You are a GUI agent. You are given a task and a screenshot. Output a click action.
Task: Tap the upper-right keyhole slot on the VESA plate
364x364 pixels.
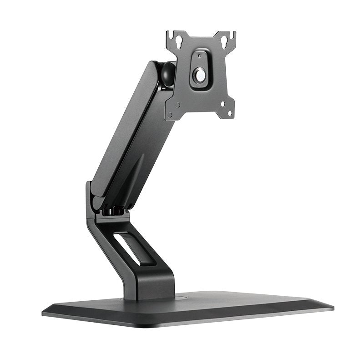click(224, 41)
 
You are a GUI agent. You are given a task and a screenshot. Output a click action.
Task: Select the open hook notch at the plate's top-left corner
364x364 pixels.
click(169, 34)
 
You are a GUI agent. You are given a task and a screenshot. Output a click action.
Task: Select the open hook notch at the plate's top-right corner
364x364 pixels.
click(233, 34)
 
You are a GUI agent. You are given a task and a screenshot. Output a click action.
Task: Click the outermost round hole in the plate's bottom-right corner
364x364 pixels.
click(230, 113)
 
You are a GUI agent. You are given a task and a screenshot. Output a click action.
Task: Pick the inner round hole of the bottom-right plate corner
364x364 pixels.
click(223, 104)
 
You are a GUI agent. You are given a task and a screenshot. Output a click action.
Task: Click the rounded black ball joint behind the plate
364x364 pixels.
click(167, 74)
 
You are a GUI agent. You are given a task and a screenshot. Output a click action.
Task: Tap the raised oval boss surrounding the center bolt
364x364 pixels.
click(199, 69)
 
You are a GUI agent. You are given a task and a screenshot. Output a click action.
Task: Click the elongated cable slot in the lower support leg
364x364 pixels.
click(134, 249)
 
